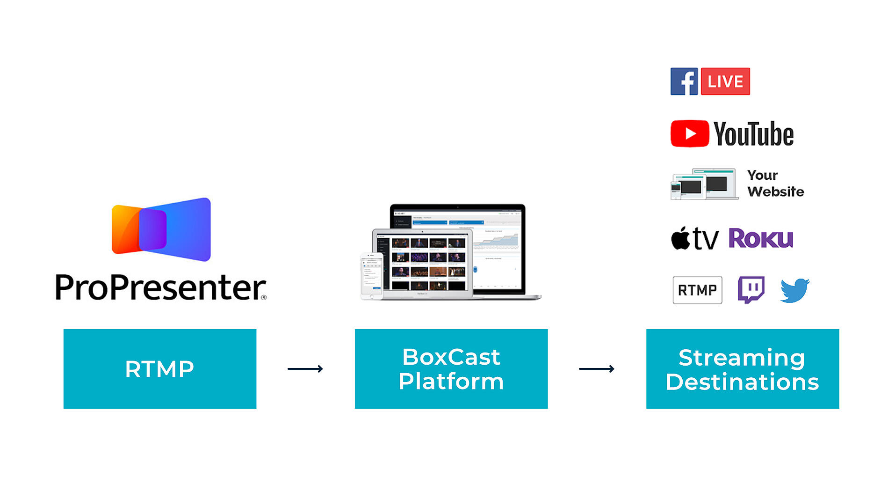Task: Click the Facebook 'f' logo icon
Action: click(684, 81)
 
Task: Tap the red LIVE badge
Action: click(725, 81)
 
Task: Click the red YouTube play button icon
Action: click(690, 134)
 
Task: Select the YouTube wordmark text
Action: click(754, 134)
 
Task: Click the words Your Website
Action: click(775, 184)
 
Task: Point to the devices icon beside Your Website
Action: click(704, 184)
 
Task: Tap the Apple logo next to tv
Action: click(680, 238)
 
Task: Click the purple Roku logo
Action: click(761, 238)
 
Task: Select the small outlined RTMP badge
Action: click(697, 290)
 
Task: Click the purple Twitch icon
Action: click(751, 290)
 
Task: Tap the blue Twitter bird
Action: click(795, 290)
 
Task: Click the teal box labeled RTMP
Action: click(160, 369)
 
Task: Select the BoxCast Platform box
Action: click(451, 369)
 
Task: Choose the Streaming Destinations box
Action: click(743, 369)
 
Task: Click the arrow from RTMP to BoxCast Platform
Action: click(305, 369)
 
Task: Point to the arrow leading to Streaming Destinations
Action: click(597, 369)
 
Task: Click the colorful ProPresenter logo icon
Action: click(161, 229)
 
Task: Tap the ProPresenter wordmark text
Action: click(160, 287)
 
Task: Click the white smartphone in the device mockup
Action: click(371, 276)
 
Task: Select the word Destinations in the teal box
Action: click(743, 382)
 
